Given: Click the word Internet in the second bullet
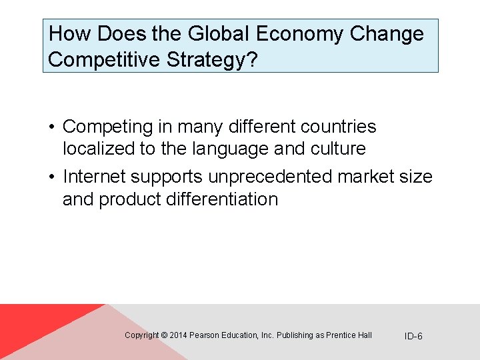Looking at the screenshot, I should (x=94, y=177).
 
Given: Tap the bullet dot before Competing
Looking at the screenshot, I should (x=51, y=127).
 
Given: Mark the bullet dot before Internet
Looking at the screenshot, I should (x=51, y=177).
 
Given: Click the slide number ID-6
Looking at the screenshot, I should (x=413, y=336).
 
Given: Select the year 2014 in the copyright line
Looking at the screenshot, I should (x=178, y=335).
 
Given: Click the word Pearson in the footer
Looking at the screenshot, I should (x=203, y=335).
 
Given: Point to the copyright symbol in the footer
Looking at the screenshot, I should (x=164, y=335).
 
